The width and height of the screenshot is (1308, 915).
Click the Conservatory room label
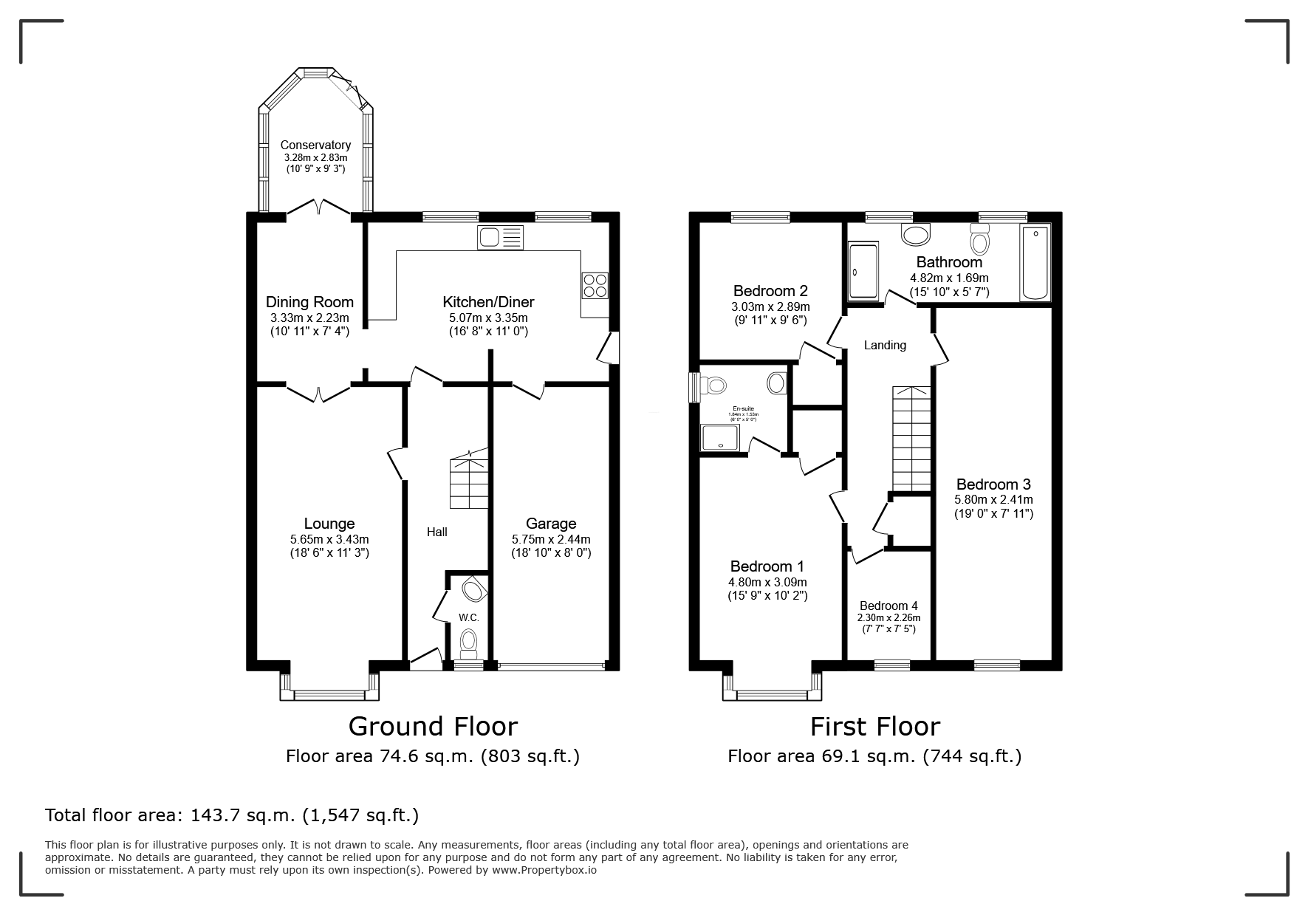[315, 145]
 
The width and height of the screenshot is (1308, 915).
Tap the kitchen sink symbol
[500, 238]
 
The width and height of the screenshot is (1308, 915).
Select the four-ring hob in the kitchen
[595, 285]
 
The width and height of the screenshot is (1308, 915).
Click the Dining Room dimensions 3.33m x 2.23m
[309, 318]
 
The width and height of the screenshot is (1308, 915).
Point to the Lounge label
[329, 524]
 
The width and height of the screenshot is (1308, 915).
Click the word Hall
[436, 532]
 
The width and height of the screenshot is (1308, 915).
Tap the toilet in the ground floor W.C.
[469, 642]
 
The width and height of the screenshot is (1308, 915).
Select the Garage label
[551, 524]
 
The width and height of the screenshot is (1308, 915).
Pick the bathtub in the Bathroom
[1034, 264]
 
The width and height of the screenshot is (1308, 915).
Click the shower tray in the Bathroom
[863, 272]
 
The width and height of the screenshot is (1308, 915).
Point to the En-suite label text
[743, 408]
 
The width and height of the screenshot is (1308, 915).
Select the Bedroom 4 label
[888, 606]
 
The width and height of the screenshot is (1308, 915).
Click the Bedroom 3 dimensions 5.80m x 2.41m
[993, 500]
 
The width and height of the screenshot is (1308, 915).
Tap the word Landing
[885, 345]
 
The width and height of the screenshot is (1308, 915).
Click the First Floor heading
[874, 727]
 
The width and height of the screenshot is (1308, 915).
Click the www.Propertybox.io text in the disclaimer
[544, 870]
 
